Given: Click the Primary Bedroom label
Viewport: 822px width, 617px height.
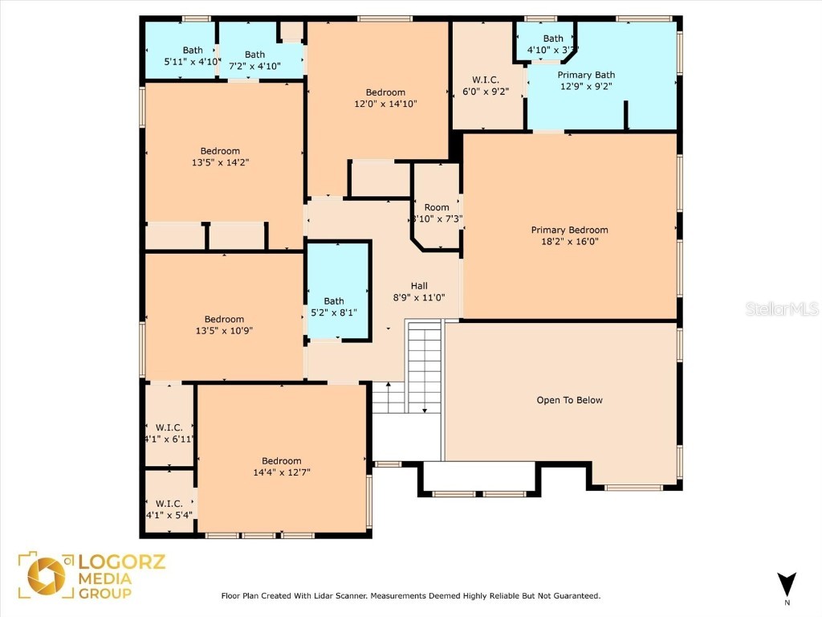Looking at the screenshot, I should (569, 230).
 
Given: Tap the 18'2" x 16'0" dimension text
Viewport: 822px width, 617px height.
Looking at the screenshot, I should (569, 241).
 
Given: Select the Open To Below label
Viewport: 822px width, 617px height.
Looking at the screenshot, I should (569, 400).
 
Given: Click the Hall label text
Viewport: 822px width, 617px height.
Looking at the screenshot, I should (419, 286).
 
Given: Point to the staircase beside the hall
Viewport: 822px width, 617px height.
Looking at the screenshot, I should (424, 366).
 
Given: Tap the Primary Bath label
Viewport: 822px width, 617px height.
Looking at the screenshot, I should (586, 76).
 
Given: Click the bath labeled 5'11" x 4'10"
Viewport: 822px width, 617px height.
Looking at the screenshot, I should (181, 55).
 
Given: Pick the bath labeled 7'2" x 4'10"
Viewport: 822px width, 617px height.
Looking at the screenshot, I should (254, 60).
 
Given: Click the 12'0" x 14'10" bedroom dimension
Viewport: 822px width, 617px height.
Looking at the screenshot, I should (385, 104).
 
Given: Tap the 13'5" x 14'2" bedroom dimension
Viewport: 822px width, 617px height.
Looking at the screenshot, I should (220, 162).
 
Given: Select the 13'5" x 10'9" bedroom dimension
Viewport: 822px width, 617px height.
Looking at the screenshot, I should (224, 330).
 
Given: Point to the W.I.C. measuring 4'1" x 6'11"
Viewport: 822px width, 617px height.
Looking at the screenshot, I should (169, 433).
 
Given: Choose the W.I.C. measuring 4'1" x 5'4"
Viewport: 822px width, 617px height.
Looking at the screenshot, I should (169, 509).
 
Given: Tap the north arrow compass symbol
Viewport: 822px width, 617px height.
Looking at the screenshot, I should (787, 584).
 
